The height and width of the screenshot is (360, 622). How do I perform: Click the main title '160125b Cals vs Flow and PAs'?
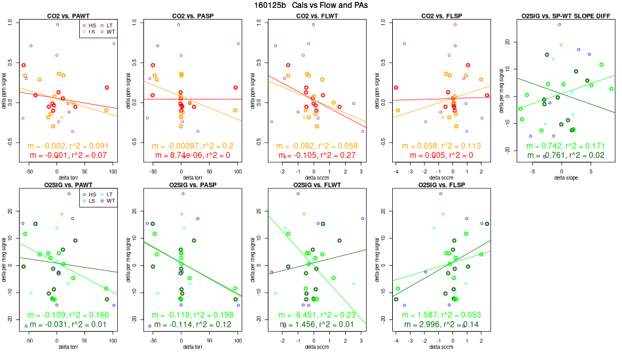pyautogui.click(x=310, y=5)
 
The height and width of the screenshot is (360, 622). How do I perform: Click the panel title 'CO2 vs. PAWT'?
pyautogui.click(x=67, y=14)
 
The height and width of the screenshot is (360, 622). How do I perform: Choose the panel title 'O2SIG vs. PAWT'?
pyautogui.click(x=67, y=185)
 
